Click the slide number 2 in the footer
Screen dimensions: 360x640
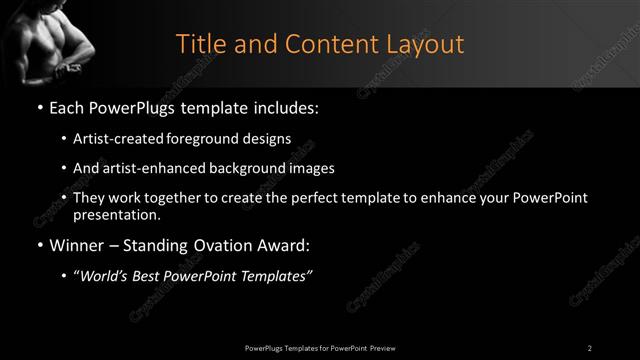pos(590,347)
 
